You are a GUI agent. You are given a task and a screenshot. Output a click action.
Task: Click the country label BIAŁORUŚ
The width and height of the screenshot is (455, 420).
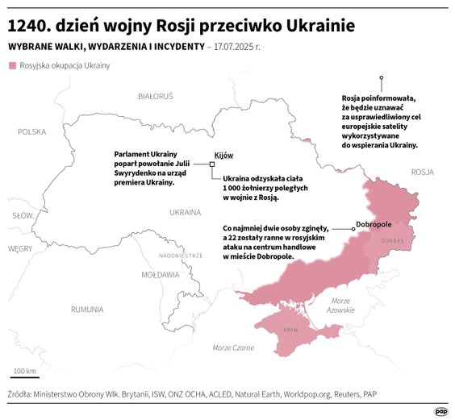click(156, 96)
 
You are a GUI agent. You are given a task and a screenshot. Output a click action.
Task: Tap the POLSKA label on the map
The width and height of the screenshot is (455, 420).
click(32, 131)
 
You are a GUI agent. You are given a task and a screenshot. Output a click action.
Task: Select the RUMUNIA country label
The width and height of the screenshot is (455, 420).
click(86, 309)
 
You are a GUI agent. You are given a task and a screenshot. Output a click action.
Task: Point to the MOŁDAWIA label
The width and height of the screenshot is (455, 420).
click(160, 275)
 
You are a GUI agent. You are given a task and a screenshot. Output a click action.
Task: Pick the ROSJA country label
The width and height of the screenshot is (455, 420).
click(422, 172)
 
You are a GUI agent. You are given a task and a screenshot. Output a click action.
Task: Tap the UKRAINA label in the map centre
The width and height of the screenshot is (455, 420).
click(185, 213)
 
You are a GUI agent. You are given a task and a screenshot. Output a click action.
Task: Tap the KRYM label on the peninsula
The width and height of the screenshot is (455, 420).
click(291, 331)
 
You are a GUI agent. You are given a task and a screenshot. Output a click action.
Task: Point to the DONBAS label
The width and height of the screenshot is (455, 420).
click(392, 240)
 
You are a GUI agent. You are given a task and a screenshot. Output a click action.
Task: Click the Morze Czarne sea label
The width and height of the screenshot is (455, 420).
click(232, 347)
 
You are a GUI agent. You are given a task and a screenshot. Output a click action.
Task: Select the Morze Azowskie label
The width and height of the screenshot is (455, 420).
click(342, 305)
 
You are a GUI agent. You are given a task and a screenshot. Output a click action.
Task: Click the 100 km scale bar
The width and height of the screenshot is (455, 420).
click(24, 376)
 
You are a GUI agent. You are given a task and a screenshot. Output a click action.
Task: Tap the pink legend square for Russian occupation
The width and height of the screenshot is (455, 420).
click(12, 65)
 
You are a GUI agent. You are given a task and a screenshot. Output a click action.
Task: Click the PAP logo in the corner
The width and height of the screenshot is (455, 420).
click(440, 410)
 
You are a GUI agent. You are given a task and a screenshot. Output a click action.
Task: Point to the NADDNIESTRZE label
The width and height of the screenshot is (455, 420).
click(181, 255)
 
